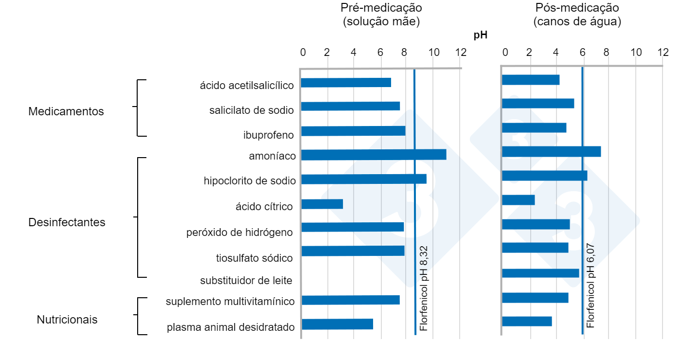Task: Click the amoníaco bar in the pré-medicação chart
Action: pos(374,155)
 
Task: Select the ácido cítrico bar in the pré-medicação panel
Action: pos(322,204)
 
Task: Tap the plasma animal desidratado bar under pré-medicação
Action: pos(337,324)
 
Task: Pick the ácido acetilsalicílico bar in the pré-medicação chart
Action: pos(346,82)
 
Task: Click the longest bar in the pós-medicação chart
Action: pos(551,151)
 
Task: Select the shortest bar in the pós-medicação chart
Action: pos(518,200)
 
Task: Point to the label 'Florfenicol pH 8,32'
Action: pos(424,288)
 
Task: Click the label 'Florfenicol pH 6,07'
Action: pos(591,286)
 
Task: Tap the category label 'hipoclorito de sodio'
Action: pos(250,181)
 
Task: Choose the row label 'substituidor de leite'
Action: pos(246,281)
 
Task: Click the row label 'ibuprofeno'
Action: pos(269,135)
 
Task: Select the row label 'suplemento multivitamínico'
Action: pos(230,302)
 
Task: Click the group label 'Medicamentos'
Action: pos(66,111)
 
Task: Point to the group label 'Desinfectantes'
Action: pos(67,222)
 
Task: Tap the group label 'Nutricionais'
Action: pos(67,320)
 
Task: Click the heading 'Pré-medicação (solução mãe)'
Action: pos(381,15)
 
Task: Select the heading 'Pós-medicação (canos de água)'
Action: pos(577,15)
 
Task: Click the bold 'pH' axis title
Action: pos(480,35)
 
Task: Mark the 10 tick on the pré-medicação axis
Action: pos(434,53)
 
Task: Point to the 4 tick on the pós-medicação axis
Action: pos(556,53)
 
